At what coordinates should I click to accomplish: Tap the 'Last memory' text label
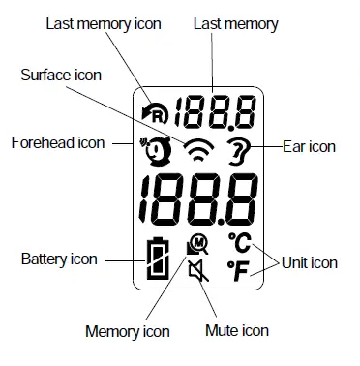coord(237,23)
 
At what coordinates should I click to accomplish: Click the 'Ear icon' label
coord(309,147)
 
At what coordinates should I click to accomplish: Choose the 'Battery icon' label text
coord(60,259)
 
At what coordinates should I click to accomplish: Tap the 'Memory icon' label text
coord(127,331)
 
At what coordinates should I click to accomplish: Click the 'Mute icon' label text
coord(236,331)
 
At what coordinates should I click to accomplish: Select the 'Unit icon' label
coord(311,261)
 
